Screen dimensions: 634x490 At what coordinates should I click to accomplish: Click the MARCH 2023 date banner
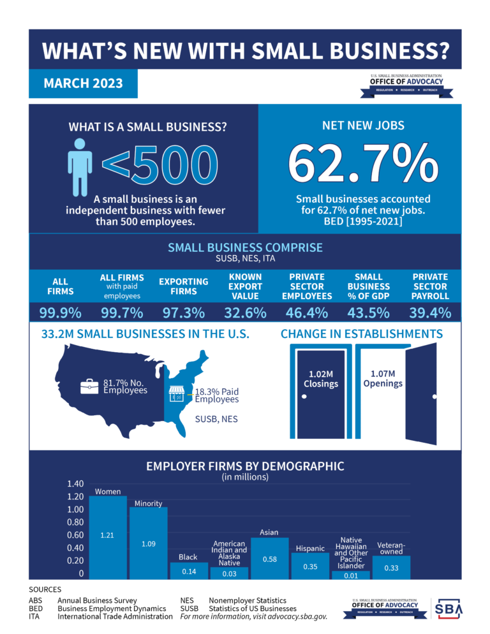83,84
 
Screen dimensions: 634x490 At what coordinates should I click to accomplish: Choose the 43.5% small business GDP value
369,313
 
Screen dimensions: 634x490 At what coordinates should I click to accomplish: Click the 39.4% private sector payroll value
430,313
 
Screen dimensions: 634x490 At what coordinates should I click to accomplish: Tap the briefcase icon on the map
89,387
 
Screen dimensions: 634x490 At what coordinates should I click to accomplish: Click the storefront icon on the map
177,394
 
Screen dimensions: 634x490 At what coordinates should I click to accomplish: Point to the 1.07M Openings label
383,379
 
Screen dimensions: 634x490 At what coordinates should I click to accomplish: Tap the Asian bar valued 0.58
269,558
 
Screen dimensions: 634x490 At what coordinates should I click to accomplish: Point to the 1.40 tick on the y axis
75,483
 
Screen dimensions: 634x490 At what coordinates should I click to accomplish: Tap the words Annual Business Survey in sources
97,600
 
